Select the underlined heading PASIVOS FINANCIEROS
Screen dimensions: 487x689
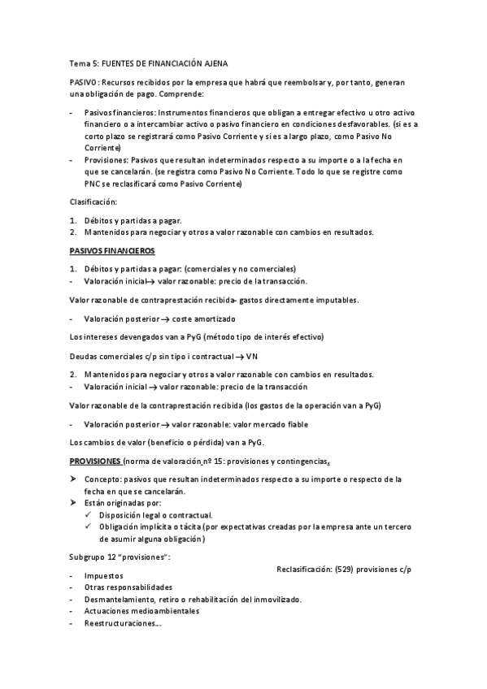click(x=112, y=251)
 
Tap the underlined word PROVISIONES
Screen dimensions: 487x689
click(x=94, y=461)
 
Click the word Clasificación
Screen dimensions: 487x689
click(x=93, y=201)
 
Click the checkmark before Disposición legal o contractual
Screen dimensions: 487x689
click(x=89, y=515)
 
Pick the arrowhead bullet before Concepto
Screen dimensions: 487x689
click(x=74, y=479)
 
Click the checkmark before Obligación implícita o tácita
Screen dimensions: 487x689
click(x=89, y=526)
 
